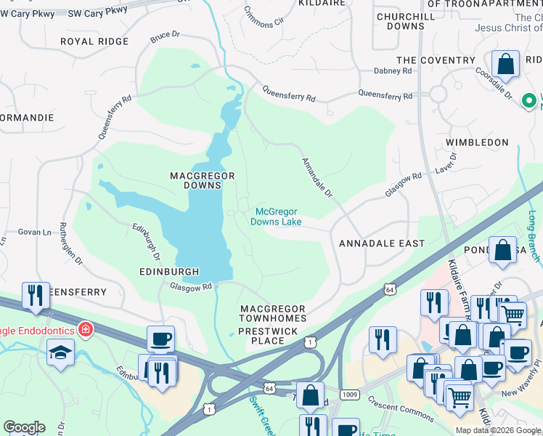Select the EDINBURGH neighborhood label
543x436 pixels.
(x=169, y=272)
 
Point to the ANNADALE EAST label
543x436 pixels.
(x=382, y=243)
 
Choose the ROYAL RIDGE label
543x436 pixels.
(x=94, y=41)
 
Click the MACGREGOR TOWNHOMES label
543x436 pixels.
(x=273, y=314)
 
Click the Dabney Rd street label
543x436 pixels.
(x=393, y=70)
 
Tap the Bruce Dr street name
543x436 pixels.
(x=165, y=36)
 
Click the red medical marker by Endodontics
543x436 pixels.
(x=86, y=330)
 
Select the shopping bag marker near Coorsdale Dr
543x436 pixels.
(x=506, y=64)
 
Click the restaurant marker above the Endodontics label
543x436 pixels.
(x=36, y=294)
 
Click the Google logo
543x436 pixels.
(x=24, y=427)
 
